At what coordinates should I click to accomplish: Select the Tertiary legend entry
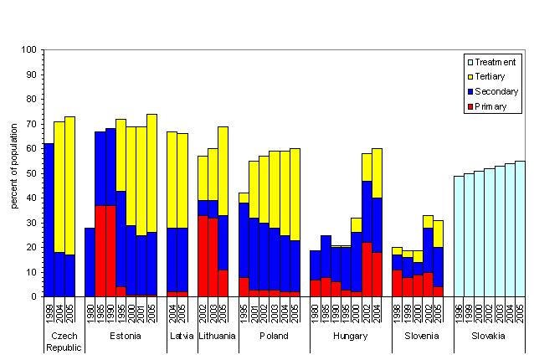pos(490,76)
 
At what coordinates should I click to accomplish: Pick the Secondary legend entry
pos(494,91)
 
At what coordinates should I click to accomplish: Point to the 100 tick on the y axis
pos(31,50)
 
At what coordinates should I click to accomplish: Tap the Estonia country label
pos(124,336)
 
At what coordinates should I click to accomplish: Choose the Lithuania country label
pos(217,336)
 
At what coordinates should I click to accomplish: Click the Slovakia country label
pos(489,336)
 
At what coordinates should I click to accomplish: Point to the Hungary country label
pos(350,336)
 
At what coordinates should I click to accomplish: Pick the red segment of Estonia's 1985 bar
pos(100,251)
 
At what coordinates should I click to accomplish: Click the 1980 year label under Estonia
pos(90,310)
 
